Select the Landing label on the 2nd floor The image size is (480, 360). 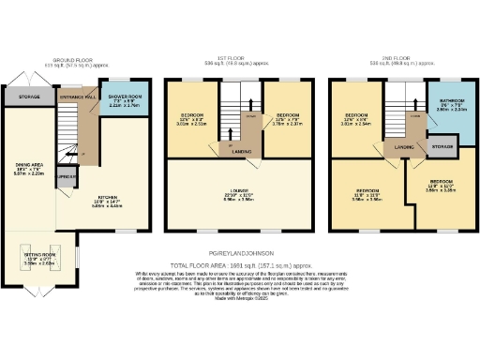click(x=404, y=147)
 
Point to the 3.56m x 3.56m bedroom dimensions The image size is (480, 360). click(x=364, y=199)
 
